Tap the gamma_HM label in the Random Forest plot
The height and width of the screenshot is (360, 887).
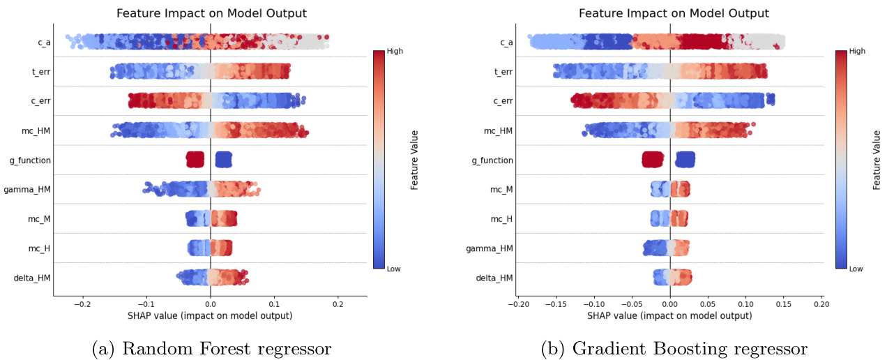pyautogui.click(x=27, y=190)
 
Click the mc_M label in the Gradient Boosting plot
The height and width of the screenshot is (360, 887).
pyautogui.click(x=501, y=189)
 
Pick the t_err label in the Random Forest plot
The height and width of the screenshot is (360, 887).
pyautogui.click(x=38, y=72)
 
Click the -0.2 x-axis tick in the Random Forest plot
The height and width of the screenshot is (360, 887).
pyautogui.click(x=82, y=304)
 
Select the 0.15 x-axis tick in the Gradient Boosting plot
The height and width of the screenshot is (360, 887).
pyautogui.click(x=784, y=304)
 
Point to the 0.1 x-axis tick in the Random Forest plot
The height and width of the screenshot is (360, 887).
pyautogui.click(x=274, y=304)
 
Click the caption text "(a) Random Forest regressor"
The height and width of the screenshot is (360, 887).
pyautogui.click(x=211, y=347)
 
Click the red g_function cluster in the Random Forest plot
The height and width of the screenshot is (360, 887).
pyautogui.click(x=195, y=160)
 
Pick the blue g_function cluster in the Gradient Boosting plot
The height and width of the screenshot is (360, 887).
pyautogui.click(x=685, y=160)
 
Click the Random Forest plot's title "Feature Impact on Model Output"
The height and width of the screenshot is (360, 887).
pyautogui.click(x=211, y=13)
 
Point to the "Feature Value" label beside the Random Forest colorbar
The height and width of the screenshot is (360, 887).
pyautogui.click(x=414, y=160)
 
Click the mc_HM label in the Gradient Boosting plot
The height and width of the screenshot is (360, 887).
pyautogui.click(x=498, y=130)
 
